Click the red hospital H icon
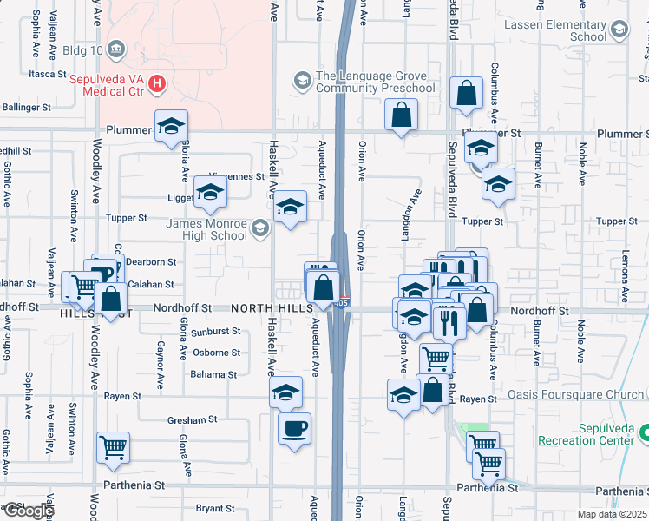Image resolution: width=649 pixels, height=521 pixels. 156,83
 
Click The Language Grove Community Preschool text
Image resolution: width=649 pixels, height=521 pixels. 375,82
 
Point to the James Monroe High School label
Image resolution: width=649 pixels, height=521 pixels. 206,229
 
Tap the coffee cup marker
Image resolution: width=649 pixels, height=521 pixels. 294,428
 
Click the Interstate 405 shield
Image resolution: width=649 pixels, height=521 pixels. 344,303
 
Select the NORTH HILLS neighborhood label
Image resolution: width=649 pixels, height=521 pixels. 266,308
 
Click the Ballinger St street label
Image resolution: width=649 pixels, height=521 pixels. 27,108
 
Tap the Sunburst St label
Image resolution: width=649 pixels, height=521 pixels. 216,331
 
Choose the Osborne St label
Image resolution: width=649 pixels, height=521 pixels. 216,353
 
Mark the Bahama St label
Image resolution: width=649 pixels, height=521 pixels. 213,374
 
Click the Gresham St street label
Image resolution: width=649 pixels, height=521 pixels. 192,419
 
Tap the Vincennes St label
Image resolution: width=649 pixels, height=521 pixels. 237,176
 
